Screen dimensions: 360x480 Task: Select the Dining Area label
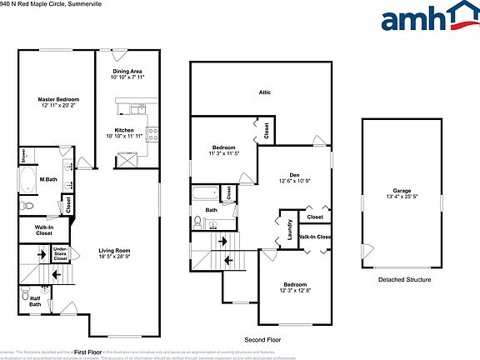[128, 72]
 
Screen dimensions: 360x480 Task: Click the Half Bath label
[35, 301]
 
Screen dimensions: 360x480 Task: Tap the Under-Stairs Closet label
[60, 252]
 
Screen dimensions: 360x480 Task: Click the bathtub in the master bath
[28, 181]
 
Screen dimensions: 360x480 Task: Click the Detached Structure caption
[404, 280]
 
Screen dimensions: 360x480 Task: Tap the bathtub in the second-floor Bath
[205, 194]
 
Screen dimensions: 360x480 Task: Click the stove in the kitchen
[152, 132]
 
